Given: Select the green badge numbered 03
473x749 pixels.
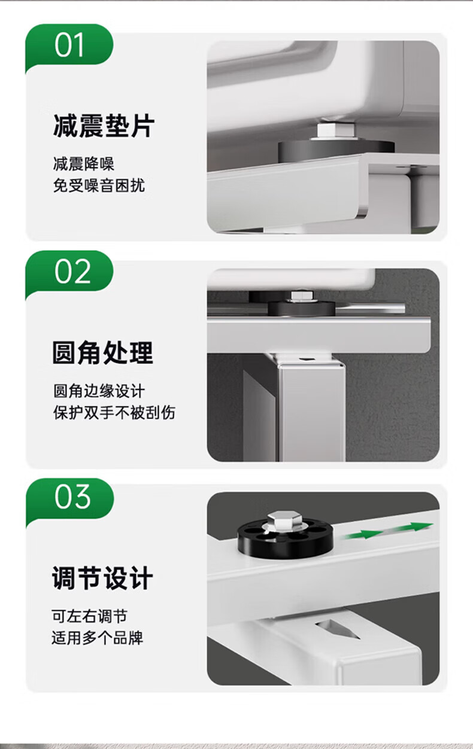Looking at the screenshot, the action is click(x=69, y=498).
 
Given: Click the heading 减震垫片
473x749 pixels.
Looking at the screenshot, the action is click(x=104, y=126).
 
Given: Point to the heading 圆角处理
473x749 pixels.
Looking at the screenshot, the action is click(x=102, y=353).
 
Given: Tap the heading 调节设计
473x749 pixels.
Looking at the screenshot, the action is click(x=102, y=578).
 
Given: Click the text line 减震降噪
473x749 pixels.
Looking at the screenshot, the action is click(x=84, y=163).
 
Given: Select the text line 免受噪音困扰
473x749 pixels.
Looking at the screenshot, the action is click(x=99, y=185).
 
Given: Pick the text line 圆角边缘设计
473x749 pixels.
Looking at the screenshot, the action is click(x=99, y=391).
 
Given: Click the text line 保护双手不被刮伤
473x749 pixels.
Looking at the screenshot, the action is click(x=114, y=412).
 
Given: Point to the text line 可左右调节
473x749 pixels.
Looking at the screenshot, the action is click(x=89, y=616).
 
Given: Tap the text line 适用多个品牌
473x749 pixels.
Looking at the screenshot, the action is click(x=97, y=638).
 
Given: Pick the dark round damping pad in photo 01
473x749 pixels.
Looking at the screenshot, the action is click(x=336, y=151).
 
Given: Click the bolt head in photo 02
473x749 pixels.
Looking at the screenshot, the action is click(x=302, y=296).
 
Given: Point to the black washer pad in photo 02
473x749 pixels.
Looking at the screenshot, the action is click(x=301, y=307).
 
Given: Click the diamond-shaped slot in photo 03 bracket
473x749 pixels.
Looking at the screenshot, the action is click(x=338, y=629).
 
